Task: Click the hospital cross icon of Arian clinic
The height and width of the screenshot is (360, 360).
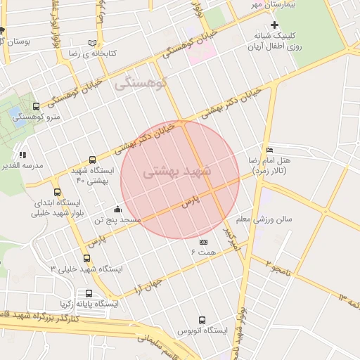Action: click(x=275, y=25)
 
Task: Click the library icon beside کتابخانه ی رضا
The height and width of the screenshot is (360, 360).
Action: click(x=92, y=42)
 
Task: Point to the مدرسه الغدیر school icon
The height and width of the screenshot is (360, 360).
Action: click(x=22, y=155)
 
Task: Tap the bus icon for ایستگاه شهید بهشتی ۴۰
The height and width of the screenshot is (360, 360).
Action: click(x=92, y=160)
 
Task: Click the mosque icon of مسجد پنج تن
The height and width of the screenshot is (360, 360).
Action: click(x=117, y=209)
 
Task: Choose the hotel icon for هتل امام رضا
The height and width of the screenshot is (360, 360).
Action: click(x=270, y=150)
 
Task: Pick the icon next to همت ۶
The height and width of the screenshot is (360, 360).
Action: click(x=203, y=242)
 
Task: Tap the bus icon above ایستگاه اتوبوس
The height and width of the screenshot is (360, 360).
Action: click(x=202, y=320)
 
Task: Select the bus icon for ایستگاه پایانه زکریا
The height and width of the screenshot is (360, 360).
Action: click(x=89, y=293)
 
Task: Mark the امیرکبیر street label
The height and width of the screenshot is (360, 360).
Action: click(x=232, y=239)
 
